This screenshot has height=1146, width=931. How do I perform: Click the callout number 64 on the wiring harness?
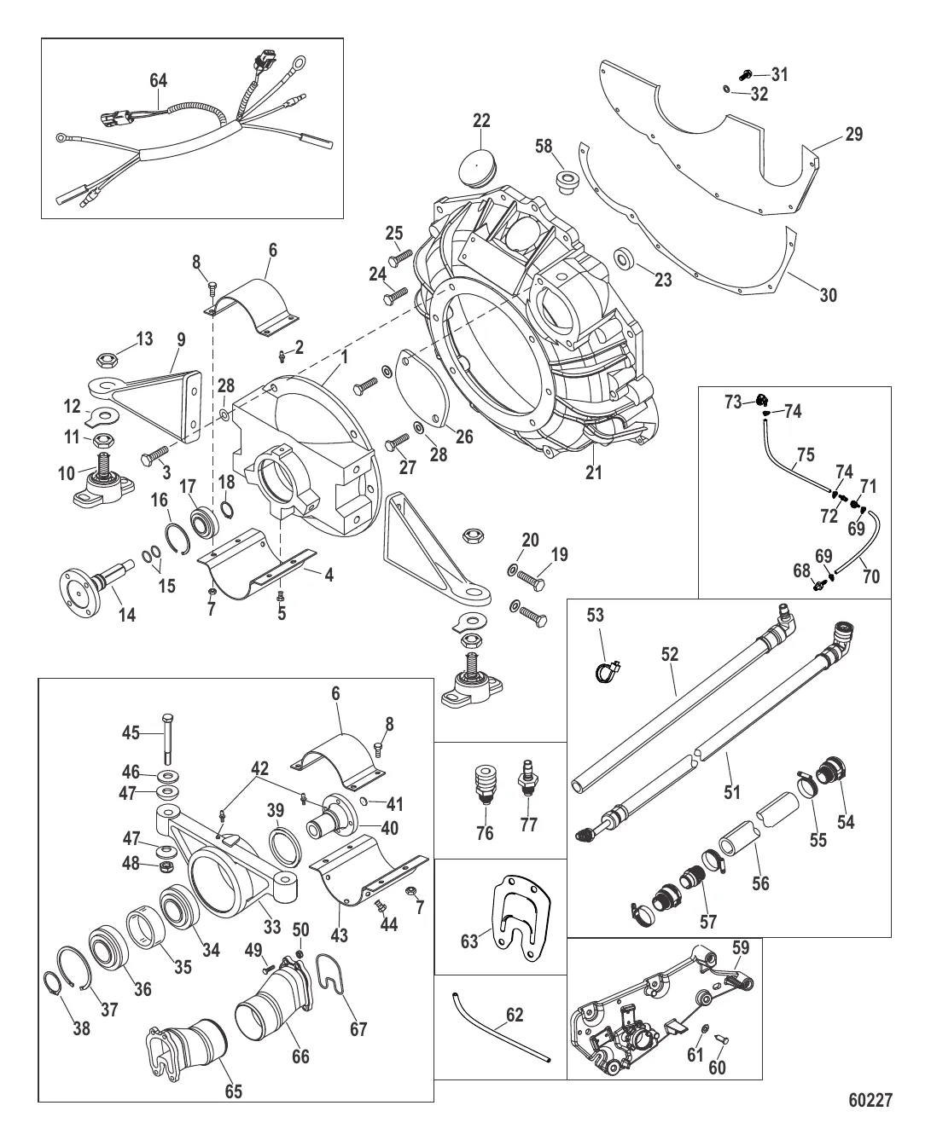click(x=159, y=80)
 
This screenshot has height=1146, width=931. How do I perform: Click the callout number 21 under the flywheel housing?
click(x=595, y=472)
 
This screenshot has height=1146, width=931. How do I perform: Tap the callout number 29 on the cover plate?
click(x=854, y=135)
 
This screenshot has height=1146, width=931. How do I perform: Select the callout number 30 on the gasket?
click(x=828, y=296)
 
